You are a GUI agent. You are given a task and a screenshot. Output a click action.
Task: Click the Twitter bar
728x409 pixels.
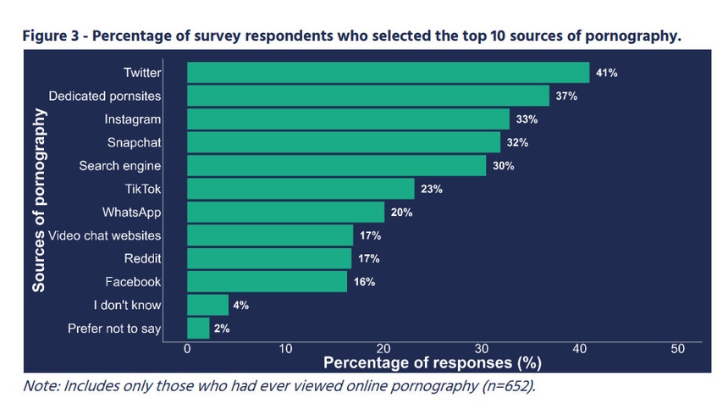389,73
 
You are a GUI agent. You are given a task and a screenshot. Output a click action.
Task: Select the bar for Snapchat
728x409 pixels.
344,142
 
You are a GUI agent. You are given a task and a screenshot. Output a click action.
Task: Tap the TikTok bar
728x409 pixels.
301,189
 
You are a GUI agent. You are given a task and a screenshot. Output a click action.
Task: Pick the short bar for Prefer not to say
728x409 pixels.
198,329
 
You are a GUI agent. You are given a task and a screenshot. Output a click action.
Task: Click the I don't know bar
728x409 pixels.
207,305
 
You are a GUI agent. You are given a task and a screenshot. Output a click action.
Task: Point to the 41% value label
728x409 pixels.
607,73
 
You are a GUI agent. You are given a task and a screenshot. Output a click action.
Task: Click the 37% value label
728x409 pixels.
566,96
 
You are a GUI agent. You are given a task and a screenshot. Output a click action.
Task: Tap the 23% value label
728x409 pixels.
432,189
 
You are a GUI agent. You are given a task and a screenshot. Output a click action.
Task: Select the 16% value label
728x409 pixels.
365,282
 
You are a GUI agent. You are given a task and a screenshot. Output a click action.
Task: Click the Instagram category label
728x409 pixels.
133,119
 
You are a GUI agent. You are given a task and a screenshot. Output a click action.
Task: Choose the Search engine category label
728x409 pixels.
120,166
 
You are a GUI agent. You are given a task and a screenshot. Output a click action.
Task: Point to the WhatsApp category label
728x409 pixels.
132,213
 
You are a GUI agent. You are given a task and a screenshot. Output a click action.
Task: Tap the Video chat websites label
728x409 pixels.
104,235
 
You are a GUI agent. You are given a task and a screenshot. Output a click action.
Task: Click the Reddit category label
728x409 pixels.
142,258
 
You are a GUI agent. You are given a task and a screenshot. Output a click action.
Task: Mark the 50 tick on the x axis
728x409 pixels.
677,349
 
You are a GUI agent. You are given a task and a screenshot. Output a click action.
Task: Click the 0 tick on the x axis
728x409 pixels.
187,349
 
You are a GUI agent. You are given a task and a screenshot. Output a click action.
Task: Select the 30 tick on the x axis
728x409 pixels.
482,349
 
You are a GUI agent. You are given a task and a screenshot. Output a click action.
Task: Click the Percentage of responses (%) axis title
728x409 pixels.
433,362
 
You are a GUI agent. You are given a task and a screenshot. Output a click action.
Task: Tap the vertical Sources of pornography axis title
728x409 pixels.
39,200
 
